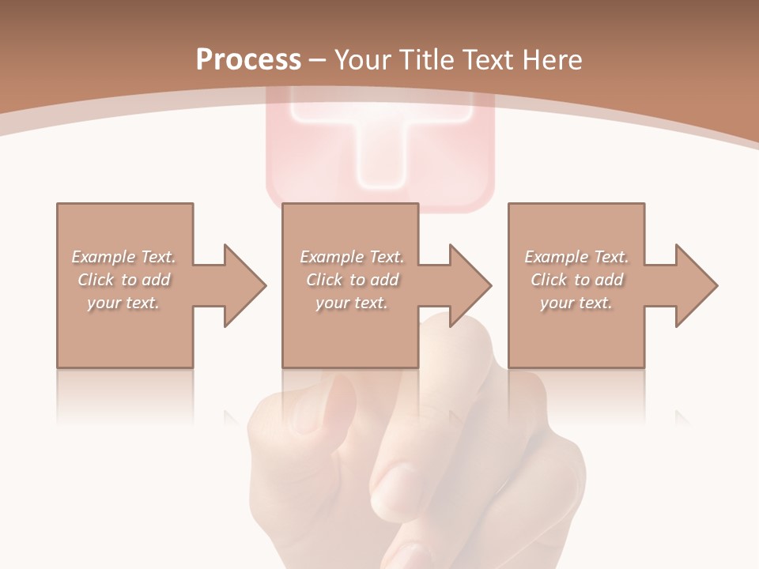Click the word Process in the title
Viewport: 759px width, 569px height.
coord(248,59)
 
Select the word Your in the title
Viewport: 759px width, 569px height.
coord(361,59)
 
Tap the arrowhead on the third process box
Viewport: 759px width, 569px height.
coord(696,285)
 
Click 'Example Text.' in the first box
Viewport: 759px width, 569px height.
coord(124,257)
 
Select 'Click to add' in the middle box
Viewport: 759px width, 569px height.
coord(352,280)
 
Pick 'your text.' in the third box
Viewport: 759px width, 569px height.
coord(576,303)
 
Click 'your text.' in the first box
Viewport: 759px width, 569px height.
coord(124,303)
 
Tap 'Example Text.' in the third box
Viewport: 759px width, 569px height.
coord(576,257)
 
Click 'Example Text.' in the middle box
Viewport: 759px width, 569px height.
coord(352,257)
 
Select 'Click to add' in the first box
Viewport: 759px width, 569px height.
coord(124,280)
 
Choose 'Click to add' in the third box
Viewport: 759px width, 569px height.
coord(576,280)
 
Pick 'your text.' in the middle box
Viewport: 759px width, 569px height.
coord(352,303)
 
